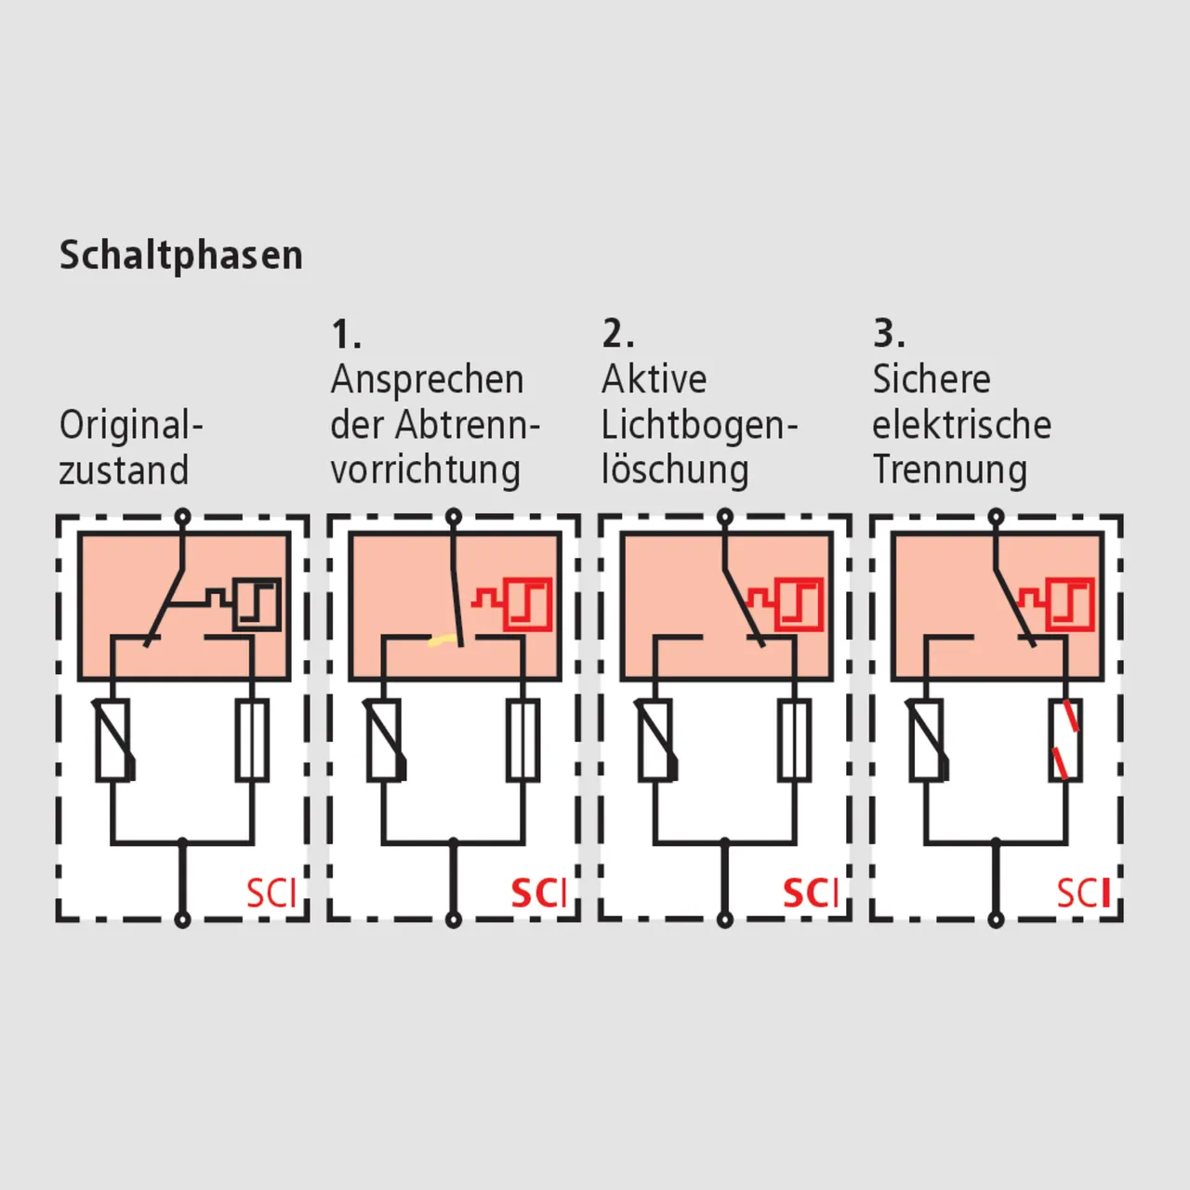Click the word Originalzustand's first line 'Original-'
click(131, 426)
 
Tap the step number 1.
click(346, 334)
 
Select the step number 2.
click(617, 334)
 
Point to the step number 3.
click(890, 334)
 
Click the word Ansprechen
click(428, 380)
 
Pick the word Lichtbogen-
click(700, 426)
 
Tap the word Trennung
click(950, 470)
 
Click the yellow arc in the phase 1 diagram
click(443, 642)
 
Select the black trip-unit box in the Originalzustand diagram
click(257, 604)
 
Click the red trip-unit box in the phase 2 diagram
click(799, 604)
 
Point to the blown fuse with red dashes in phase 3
click(1065, 740)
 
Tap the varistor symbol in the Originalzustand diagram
click(114, 740)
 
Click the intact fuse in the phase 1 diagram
click(523, 740)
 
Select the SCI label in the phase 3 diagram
click(1083, 892)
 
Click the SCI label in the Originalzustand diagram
click(271, 892)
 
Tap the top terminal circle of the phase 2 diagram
click(725, 516)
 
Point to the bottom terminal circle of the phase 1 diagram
click(454, 920)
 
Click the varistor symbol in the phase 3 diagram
click(928, 740)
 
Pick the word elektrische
click(961, 426)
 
